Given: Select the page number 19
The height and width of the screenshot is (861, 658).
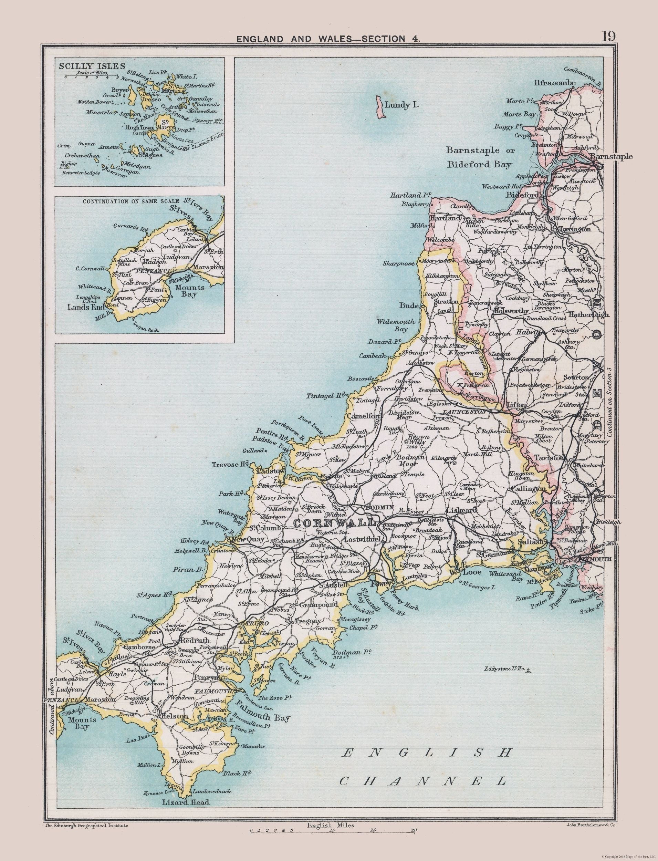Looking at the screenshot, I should coord(609,36).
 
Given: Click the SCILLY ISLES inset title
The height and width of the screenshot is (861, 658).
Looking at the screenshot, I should coord(87,66).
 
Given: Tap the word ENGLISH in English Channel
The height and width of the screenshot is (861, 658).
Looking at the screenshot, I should coord(427,753).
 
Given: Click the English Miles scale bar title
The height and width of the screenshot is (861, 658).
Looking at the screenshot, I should coord(331,833).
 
